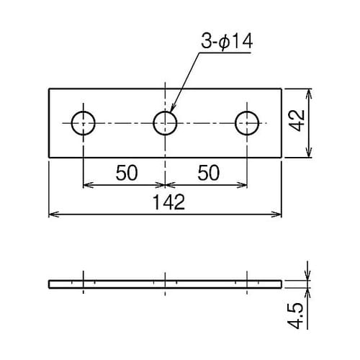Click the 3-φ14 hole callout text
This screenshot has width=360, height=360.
227,42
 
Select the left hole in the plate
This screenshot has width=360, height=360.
84,112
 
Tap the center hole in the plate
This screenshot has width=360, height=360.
165,112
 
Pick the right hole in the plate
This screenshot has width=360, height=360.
247,112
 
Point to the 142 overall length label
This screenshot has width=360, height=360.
169,202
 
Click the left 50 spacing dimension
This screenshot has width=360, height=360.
127,173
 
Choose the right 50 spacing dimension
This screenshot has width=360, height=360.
209,173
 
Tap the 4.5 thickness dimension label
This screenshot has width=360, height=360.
295,315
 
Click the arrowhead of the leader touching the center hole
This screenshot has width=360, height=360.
172,109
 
